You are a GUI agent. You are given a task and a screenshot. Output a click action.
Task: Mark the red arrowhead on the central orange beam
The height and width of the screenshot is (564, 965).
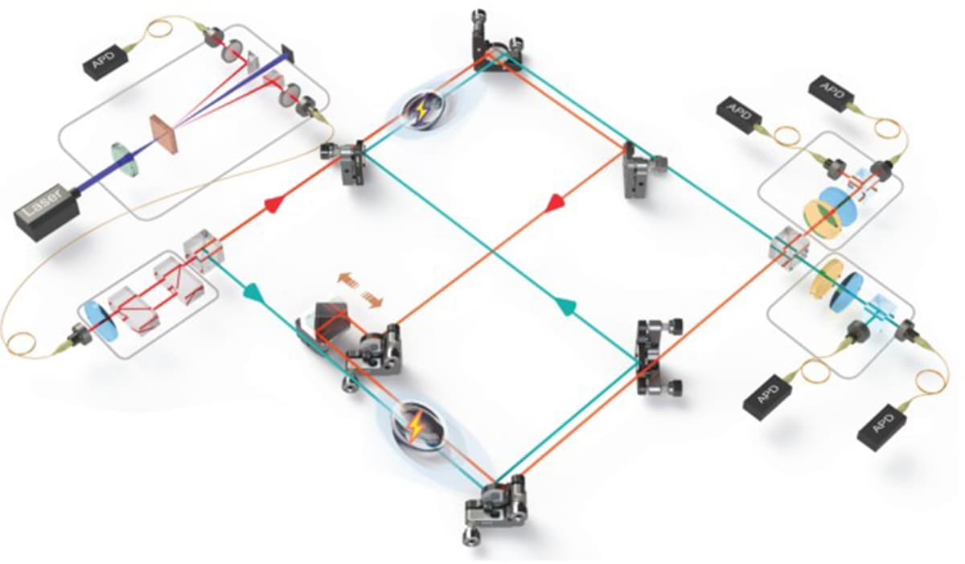pos(554,207)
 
